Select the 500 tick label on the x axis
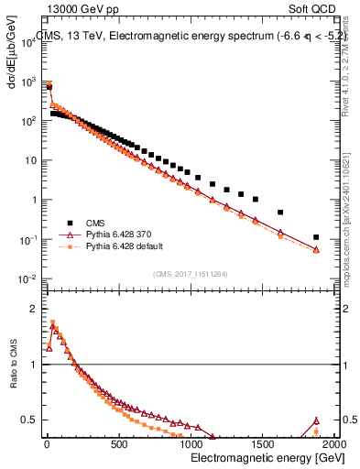click(x=118, y=445)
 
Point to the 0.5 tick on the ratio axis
click(x=28, y=420)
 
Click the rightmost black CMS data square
click(x=316, y=236)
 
